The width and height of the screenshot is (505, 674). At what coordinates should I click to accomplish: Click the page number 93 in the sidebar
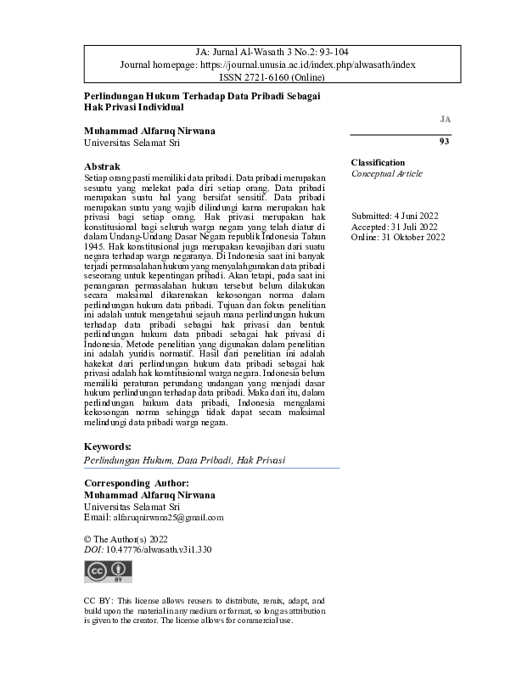(x=444, y=142)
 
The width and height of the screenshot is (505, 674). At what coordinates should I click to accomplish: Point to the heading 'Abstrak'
(x=103, y=166)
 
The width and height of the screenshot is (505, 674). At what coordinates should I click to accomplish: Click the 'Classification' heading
(x=378, y=162)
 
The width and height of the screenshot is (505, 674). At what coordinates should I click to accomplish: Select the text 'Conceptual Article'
(x=387, y=173)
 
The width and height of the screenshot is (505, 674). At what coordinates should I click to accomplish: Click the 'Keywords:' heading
(x=107, y=447)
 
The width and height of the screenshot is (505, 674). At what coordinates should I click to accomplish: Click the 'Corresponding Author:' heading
(x=137, y=483)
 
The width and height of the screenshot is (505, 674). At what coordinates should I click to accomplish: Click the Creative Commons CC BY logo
(x=108, y=571)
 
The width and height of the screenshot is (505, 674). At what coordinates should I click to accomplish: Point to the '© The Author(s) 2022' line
(x=126, y=539)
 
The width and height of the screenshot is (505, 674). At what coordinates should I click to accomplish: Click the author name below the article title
(x=150, y=132)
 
